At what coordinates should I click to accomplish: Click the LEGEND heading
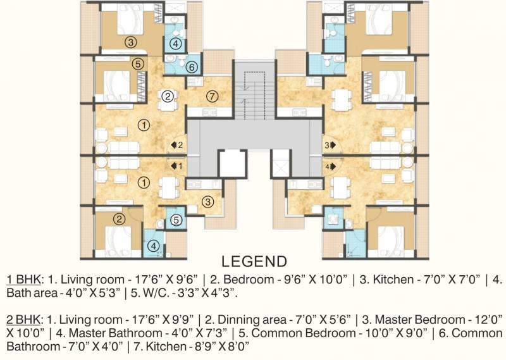254,261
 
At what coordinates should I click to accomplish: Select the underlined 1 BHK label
23,280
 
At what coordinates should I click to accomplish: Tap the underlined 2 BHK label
23,320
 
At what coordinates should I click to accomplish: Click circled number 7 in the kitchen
212,96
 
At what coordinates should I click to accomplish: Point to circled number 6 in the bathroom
192,67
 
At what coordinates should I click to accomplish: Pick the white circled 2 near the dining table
168,96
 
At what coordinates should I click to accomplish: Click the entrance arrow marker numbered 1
177,166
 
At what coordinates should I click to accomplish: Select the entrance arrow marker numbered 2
177,145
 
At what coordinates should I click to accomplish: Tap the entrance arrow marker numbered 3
330,146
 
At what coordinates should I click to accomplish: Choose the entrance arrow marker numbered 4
330,166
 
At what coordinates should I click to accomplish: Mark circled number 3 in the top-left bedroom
130,42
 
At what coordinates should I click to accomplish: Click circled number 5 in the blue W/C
176,220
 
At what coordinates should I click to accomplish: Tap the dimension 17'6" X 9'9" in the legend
163,320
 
